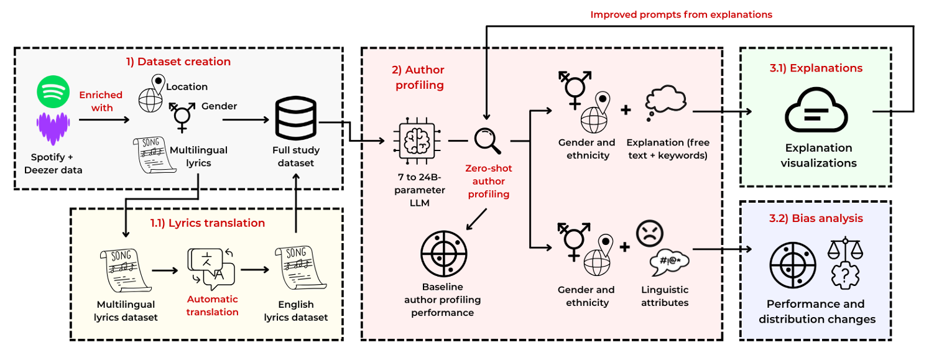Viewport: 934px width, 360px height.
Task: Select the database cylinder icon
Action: [x=295, y=121]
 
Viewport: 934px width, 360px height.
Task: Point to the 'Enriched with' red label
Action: [x=100, y=101]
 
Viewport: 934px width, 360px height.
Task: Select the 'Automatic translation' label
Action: [x=212, y=306]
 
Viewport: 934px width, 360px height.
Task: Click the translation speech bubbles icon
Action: [x=211, y=269]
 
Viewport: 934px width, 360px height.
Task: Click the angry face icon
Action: [x=650, y=234]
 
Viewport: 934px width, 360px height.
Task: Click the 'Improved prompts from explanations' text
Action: [x=681, y=14]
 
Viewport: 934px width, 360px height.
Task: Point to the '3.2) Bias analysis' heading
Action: [x=816, y=218]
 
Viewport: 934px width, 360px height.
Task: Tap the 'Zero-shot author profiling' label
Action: [x=488, y=181]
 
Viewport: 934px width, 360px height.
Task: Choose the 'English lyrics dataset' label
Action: [x=296, y=311]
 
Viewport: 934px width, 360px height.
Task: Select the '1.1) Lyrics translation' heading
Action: [x=207, y=223]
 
